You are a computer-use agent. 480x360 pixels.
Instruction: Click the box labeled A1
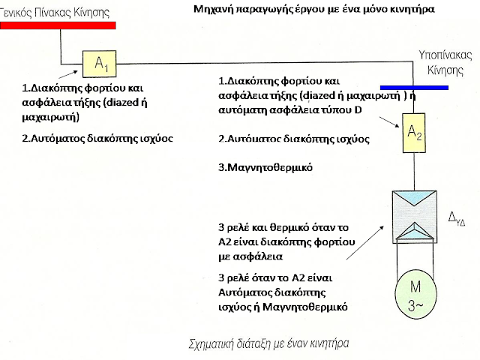100,64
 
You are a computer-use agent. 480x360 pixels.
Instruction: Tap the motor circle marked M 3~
415,295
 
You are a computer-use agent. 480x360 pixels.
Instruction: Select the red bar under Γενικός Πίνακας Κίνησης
58,25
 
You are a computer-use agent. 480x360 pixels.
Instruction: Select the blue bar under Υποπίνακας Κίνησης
414,88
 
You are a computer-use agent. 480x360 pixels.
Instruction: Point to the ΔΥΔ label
458,219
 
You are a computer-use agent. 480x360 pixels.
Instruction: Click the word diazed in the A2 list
338,95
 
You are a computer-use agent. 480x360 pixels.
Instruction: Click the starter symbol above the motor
415,218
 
